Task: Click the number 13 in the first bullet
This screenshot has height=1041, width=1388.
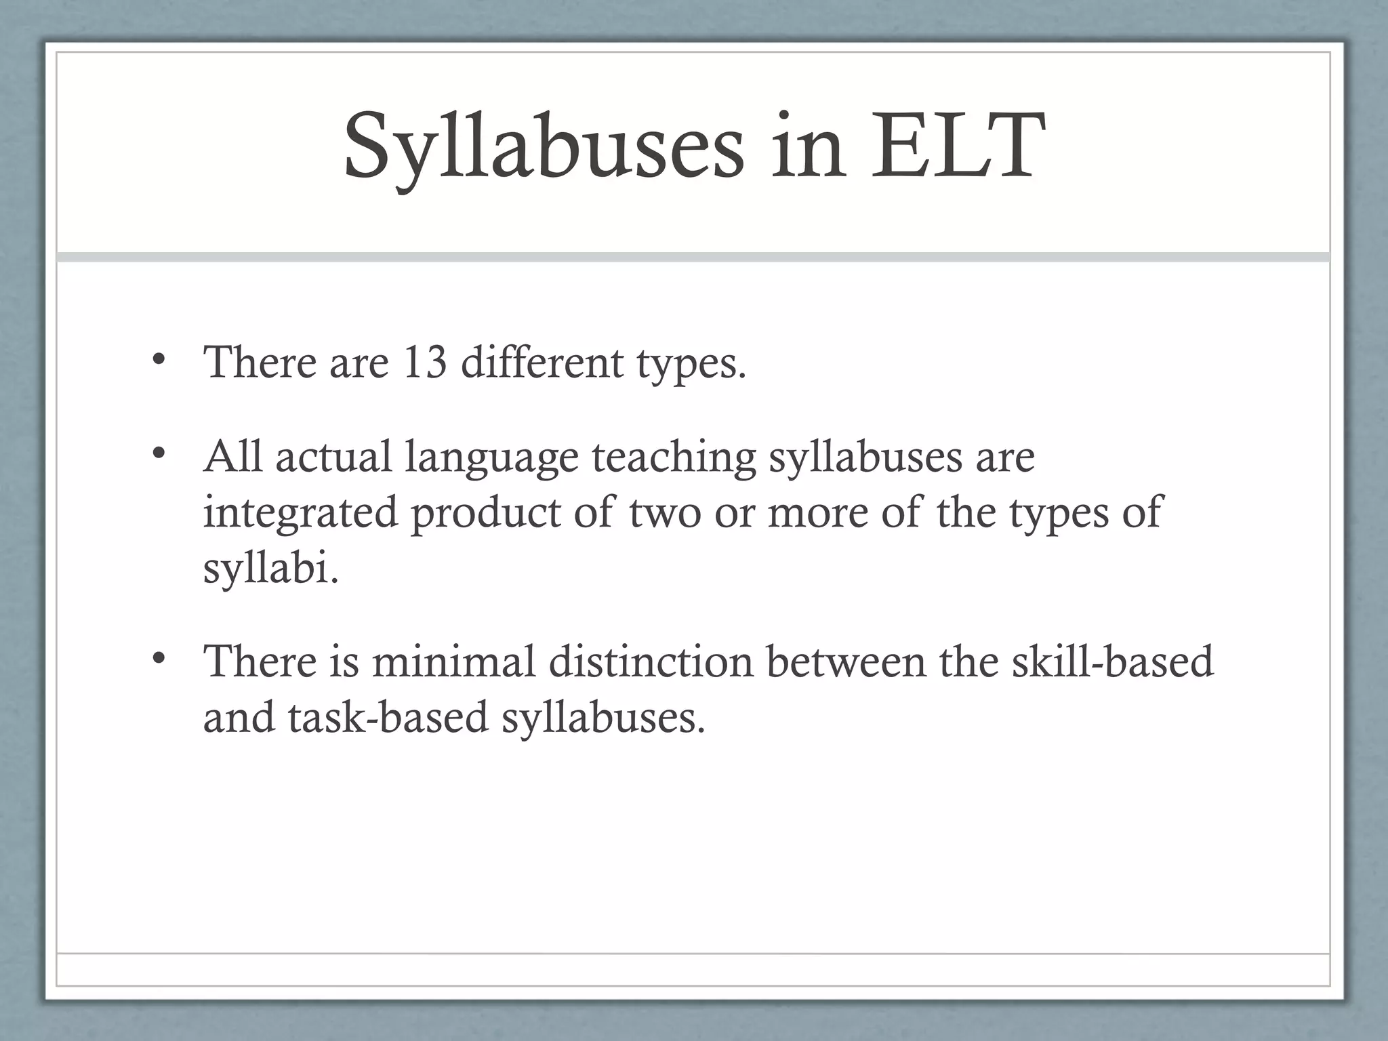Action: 424,362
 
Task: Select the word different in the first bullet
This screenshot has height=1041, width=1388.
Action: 542,362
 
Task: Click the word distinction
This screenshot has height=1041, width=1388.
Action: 651,661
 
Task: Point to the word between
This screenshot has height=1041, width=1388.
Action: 846,661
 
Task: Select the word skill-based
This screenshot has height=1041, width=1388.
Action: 1111,661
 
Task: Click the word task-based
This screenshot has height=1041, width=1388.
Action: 388,717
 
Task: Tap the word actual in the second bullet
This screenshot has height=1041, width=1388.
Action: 333,457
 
